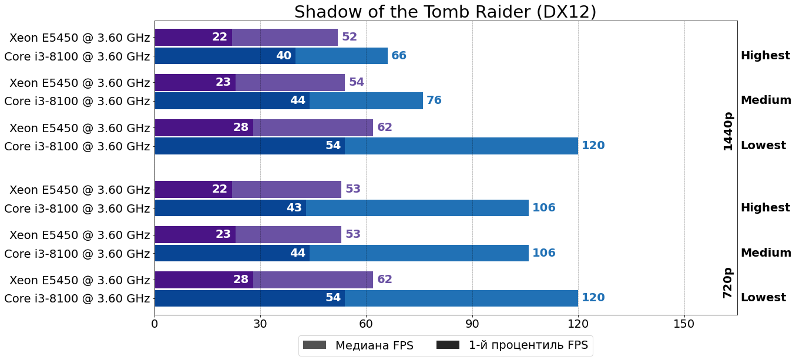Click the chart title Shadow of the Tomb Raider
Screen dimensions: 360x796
coord(445,12)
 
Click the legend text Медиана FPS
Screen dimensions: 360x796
coord(374,345)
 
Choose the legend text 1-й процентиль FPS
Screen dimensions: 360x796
coord(528,345)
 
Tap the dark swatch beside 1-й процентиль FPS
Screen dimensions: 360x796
coord(448,345)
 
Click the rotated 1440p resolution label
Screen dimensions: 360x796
coord(728,132)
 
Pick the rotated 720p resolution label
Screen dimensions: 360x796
coord(728,283)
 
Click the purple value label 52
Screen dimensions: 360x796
coord(350,37)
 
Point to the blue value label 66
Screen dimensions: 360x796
coord(399,56)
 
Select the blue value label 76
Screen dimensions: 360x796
coord(434,100)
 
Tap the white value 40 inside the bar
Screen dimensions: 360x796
coord(284,56)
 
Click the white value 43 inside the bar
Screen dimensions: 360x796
coord(294,208)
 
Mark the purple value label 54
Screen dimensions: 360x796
coord(357,82)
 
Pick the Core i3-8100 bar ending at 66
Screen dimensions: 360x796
coord(341,56)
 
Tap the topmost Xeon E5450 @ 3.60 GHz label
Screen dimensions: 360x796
coord(80,38)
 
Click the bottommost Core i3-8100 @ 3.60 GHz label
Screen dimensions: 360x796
coord(77,298)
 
